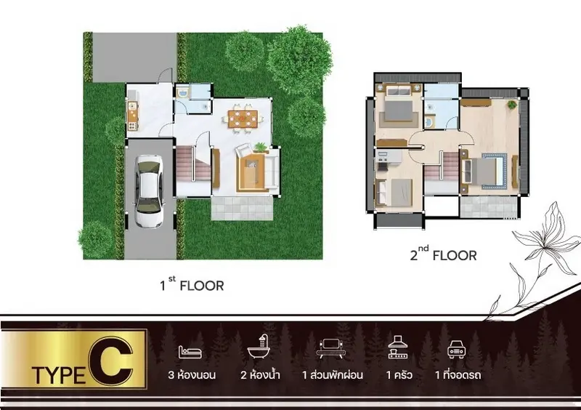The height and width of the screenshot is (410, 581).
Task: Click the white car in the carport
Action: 149,191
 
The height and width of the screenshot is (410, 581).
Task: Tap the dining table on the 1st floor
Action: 243,118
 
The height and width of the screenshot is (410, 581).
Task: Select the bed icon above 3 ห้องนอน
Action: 190,352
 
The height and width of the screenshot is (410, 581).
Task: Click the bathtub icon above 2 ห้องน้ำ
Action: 259,346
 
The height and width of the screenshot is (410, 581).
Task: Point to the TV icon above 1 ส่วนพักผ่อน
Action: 331,349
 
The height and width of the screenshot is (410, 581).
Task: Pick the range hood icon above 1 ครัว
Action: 397,347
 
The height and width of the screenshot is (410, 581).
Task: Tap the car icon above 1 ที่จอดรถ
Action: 456,349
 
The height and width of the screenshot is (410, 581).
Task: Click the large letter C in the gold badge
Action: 111,361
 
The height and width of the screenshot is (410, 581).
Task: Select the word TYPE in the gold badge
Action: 59,375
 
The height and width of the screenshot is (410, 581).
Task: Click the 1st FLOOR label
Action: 192,285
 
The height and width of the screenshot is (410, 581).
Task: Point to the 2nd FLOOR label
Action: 443,254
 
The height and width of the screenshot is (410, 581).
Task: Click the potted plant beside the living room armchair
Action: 261,148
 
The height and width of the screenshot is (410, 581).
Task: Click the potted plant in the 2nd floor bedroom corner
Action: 512,105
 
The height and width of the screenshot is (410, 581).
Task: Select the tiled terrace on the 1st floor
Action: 243,208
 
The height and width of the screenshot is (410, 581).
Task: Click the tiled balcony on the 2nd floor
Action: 488,206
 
